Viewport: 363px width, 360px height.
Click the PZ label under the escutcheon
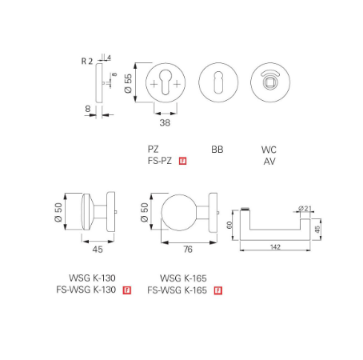(x=154, y=149)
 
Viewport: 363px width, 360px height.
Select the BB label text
(x=217, y=150)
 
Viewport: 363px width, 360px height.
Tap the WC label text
(x=269, y=150)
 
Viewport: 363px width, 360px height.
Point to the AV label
(x=269, y=161)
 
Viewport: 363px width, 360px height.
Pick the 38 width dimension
(x=164, y=123)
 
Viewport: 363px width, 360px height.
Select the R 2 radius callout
(x=87, y=61)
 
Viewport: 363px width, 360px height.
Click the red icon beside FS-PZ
(x=183, y=161)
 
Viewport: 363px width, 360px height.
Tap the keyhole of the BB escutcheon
(x=217, y=83)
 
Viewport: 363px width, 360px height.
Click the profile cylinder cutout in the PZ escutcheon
(x=165, y=82)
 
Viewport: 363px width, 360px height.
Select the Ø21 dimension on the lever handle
(x=305, y=209)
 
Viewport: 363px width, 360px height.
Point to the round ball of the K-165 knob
(x=180, y=217)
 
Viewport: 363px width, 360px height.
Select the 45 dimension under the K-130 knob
(x=98, y=250)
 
